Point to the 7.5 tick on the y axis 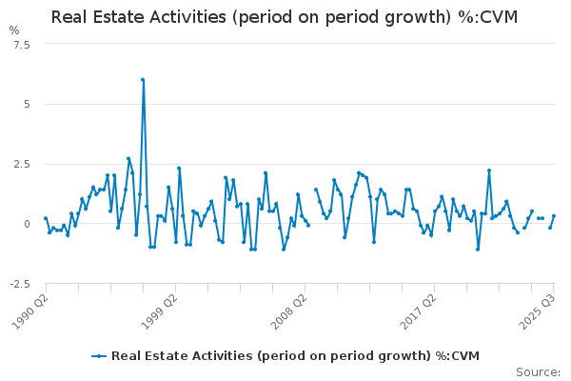click(x=22, y=44)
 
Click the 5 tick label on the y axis click(x=26, y=104)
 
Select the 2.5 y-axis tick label click(x=22, y=164)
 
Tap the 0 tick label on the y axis click(x=26, y=224)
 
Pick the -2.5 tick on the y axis click(x=20, y=284)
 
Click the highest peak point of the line click(x=143, y=80)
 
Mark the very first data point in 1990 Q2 click(x=46, y=218)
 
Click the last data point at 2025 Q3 click(x=554, y=216)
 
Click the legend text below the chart click(x=295, y=356)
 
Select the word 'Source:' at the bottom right click(x=538, y=371)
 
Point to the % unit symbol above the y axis click(x=13, y=30)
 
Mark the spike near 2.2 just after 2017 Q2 click(x=489, y=170)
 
